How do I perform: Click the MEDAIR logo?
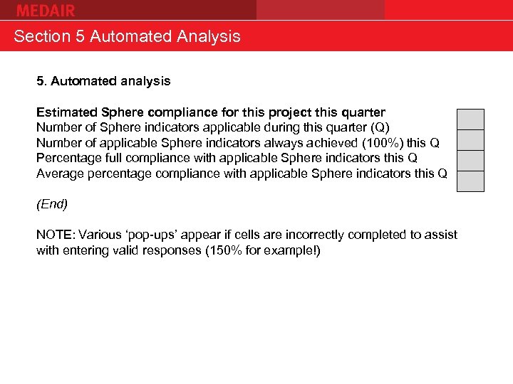pyautogui.click(x=46, y=10)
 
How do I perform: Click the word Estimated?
pyautogui.click(x=68, y=112)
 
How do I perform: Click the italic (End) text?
pyautogui.click(x=52, y=204)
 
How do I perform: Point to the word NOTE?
pyautogui.click(x=56, y=235)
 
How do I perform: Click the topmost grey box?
pyautogui.click(x=470, y=119)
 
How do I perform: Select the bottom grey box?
pyautogui.click(x=470, y=181)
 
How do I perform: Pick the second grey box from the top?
pyautogui.click(x=470, y=140)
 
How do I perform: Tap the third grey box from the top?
pyautogui.click(x=470, y=161)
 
